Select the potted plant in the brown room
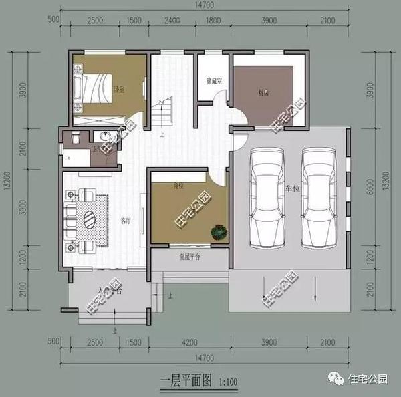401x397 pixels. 217,232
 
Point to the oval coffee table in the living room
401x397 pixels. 91,219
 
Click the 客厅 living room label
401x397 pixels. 124,219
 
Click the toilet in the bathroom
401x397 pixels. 77,138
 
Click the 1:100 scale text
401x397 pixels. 227,382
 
